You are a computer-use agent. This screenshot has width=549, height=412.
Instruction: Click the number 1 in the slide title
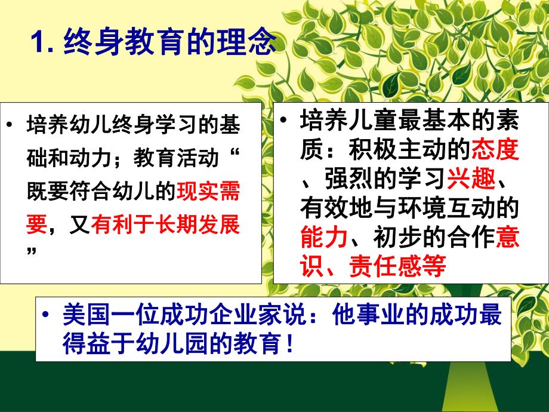[38, 43]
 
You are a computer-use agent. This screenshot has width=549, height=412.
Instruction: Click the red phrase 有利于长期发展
[166, 225]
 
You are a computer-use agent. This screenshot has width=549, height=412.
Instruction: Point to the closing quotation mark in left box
[33, 251]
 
